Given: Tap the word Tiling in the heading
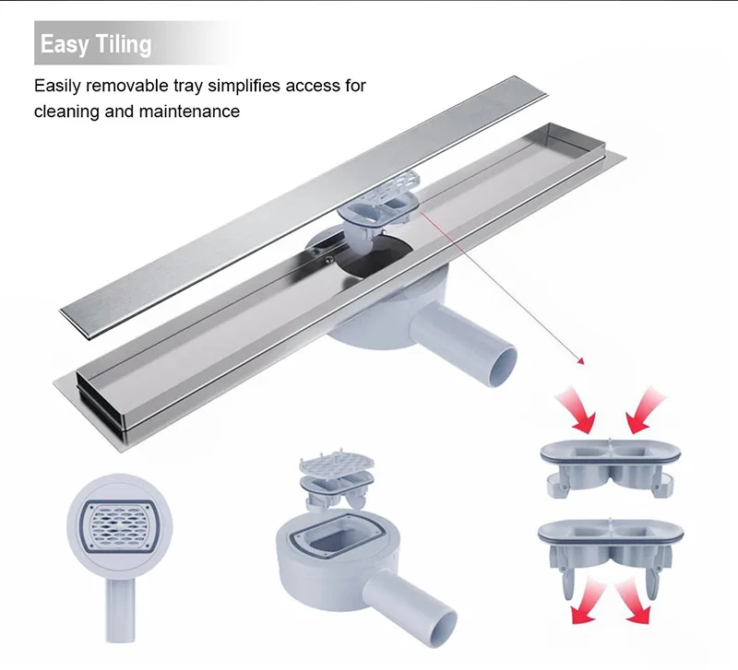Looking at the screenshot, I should pyautogui.click(x=120, y=45).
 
